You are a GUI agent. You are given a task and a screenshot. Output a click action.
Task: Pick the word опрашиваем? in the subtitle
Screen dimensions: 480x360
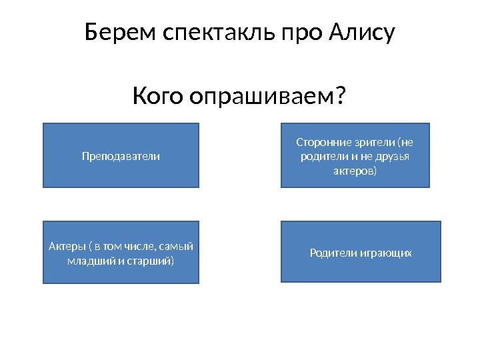click(x=268, y=97)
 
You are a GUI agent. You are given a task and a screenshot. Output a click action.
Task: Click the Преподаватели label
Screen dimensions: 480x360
click(x=121, y=156)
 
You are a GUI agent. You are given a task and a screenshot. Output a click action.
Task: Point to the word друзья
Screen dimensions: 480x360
click(x=393, y=157)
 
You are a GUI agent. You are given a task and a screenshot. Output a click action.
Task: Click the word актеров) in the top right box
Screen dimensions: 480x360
click(x=355, y=171)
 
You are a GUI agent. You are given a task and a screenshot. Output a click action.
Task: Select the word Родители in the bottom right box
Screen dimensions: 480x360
click(x=333, y=253)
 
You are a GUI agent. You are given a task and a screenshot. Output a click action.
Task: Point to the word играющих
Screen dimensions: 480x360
click(x=386, y=253)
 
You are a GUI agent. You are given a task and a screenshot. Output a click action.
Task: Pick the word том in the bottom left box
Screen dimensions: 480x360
click(x=111, y=247)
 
